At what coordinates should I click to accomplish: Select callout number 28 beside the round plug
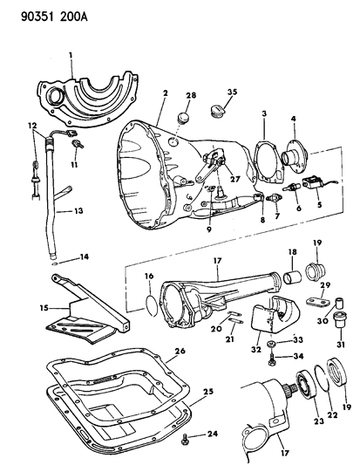[190, 95]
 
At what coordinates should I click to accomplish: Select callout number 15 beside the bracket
[41, 307]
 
